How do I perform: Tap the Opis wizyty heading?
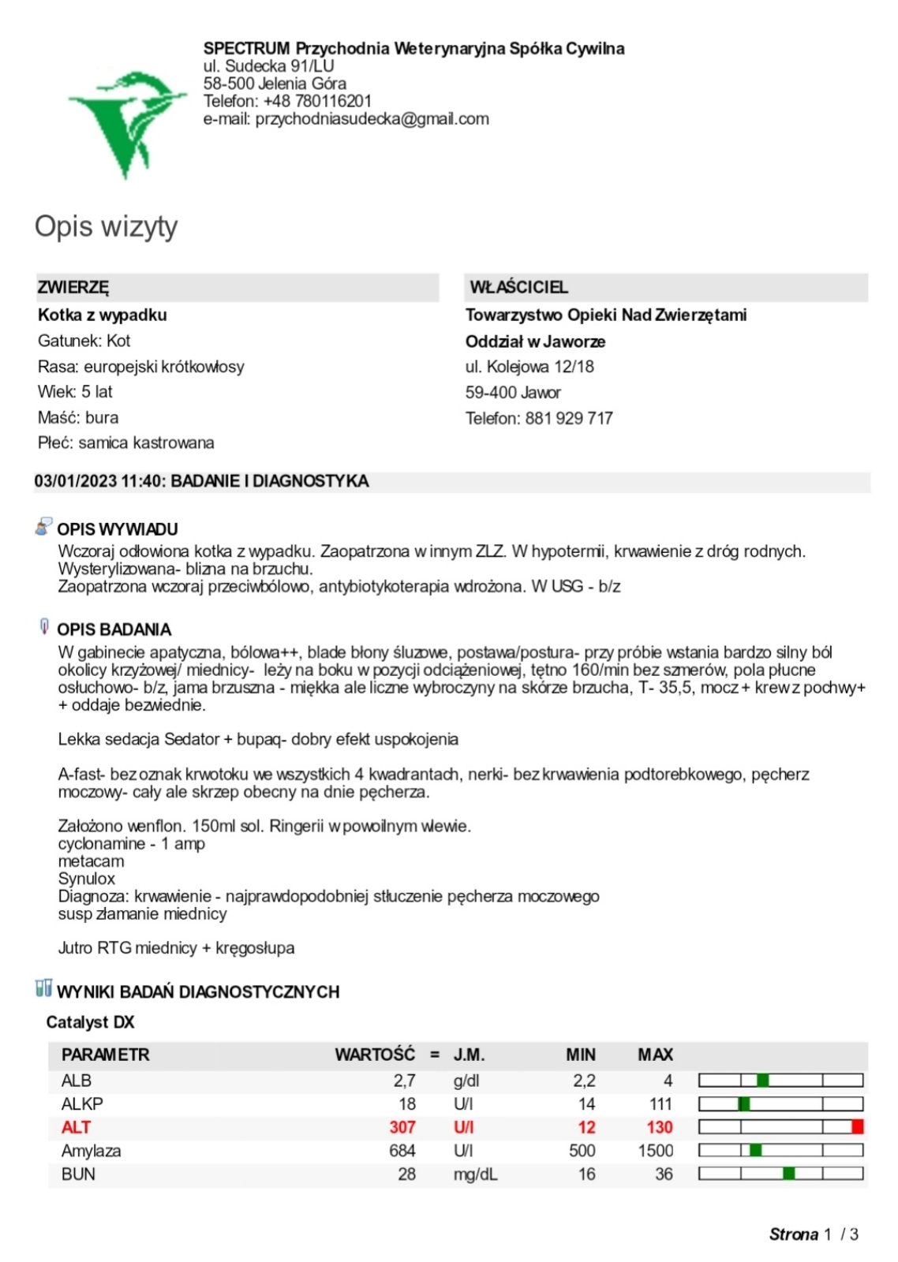click(x=106, y=226)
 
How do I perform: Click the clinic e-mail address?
click(x=372, y=119)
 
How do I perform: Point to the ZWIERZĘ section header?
click(x=73, y=287)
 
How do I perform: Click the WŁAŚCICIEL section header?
click(x=518, y=287)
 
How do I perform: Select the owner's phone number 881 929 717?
click(x=569, y=418)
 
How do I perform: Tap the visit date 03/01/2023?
click(x=76, y=481)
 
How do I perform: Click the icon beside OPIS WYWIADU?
click(x=43, y=527)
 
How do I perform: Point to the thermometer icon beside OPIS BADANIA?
click(x=44, y=627)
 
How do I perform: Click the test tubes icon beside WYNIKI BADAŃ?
click(x=43, y=988)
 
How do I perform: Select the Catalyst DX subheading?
click(x=90, y=1022)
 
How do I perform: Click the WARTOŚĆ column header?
click(x=374, y=1055)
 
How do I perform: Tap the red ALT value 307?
click(x=402, y=1127)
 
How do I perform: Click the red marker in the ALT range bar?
click(x=857, y=1127)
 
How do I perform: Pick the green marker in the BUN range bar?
click(x=788, y=1174)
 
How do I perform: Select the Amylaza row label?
click(x=91, y=1151)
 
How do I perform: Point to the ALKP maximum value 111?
click(x=660, y=1103)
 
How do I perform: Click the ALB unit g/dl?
click(x=466, y=1081)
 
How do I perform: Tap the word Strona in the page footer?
click(x=793, y=1234)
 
